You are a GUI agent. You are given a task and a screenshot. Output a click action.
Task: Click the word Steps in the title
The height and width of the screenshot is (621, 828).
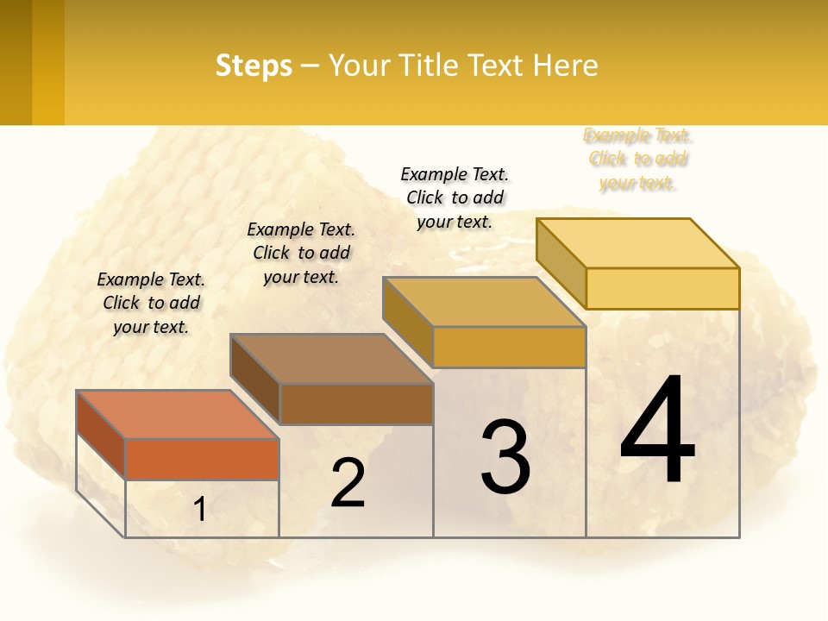click(254, 66)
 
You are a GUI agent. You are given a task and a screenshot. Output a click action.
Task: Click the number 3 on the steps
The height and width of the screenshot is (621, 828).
click(505, 457)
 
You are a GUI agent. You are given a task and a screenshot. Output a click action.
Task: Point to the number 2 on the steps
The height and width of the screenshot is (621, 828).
click(348, 483)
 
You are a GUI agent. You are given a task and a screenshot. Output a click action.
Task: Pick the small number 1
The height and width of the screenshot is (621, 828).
click(199, 510)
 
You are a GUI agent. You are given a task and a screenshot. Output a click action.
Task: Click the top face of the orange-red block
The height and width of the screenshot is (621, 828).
click(178, 414)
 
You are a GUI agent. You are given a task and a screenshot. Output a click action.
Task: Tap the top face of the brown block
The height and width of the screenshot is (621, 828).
click(331, 358)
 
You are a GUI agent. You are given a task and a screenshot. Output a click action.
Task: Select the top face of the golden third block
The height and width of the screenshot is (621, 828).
click(484, 302)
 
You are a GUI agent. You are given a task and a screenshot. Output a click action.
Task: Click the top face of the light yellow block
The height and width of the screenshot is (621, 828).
click(637, 242)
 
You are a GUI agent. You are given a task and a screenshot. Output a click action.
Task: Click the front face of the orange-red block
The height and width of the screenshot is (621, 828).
click(202, 459)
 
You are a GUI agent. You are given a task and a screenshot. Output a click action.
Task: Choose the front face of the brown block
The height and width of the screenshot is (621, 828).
click(356, 404)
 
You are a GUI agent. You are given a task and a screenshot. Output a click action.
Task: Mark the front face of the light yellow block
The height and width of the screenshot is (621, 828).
click(662, 288)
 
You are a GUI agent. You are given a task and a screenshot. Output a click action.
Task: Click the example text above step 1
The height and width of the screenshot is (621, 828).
click(151, 303)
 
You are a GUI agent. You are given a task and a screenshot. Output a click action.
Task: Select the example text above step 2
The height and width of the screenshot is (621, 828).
click(301, 253)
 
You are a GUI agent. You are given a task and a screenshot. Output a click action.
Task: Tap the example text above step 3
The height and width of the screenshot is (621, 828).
click(455, 198)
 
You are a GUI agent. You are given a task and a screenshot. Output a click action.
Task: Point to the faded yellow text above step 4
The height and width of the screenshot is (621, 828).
click(638, 159)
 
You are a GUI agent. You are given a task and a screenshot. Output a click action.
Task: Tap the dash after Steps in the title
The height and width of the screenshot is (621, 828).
click(310, 66)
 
